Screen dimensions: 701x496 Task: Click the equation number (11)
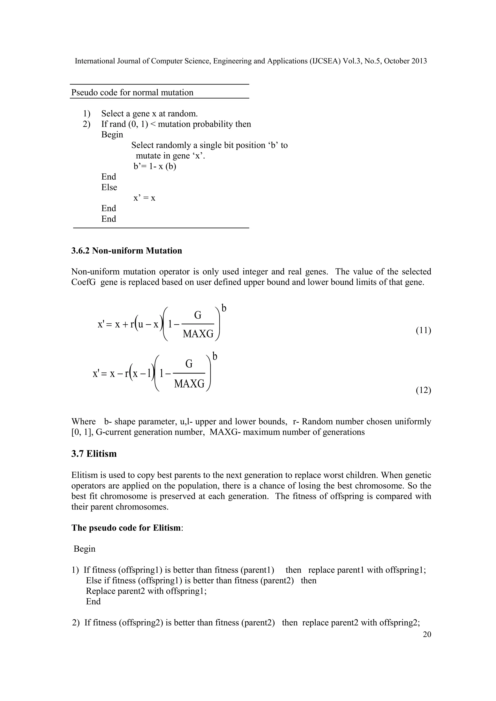coord(423,330)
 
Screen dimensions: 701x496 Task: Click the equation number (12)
coord(423,390)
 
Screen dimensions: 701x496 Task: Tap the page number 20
coord(427,634)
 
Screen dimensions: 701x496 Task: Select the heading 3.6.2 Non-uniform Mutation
coord(126,251)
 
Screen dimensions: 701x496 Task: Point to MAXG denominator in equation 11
coord(198,334)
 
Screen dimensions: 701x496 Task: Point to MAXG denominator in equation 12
coord(189,383)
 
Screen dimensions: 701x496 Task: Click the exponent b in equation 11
coord(224,309)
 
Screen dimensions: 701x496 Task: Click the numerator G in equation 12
coord(189,364)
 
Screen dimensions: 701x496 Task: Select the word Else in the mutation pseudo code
coord(109,187)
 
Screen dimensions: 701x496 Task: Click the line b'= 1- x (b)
coord(155,166)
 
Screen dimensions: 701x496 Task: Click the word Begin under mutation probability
coord(112,135)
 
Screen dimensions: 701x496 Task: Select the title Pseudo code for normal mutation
coord(132,92)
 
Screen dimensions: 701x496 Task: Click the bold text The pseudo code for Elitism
coord(126,528)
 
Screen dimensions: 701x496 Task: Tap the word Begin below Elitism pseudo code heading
coord(85,549)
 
